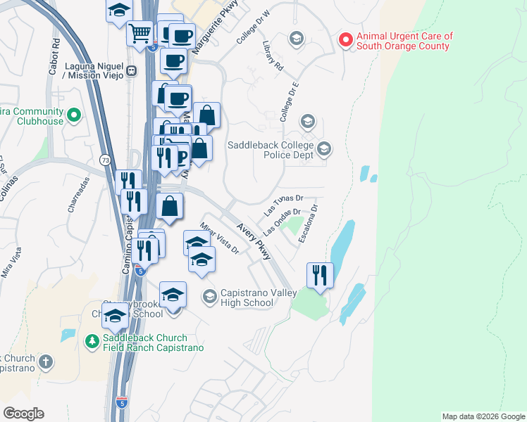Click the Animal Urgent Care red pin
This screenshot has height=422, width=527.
pyautogui.click(x=345, y=39)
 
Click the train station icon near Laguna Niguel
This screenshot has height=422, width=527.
pyautogui.click(x=131, y=71)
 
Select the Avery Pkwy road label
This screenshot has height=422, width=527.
pyautogui.click(x=254, y=241)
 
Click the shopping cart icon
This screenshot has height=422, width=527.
pyautogui.click(x=139, y=32)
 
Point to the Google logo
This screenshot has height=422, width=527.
pyautogui.click(x=23, y=414)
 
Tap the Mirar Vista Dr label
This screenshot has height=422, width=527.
pyautogui.click(x=220, y=238)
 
